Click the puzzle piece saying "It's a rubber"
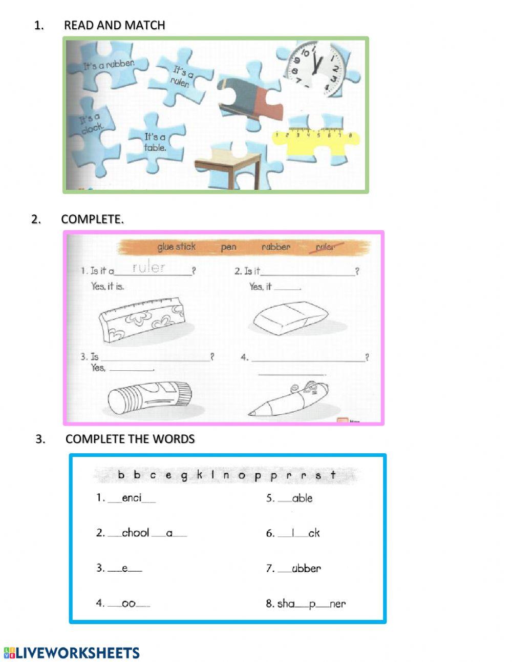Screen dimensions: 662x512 tap(109, 65)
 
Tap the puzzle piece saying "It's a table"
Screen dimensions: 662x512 tap(155, 142)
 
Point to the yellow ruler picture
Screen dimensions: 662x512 tap(314, 141)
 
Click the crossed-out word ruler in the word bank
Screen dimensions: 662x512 tap(325, 247)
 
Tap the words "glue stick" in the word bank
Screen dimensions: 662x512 tap(176, 247)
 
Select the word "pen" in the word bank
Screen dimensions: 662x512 tap(228, 247)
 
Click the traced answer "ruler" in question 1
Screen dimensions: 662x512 tap(148, 267)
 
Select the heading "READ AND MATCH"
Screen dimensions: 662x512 tap(114, 25)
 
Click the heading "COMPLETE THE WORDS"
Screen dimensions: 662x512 tap(130, 439)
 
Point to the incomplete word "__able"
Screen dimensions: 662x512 tap(295, 498)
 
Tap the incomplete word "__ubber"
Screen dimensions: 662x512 tap(300, 568)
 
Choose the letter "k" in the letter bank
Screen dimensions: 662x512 tap(199, 475)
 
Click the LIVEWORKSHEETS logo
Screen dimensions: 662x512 tap(72, 653)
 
